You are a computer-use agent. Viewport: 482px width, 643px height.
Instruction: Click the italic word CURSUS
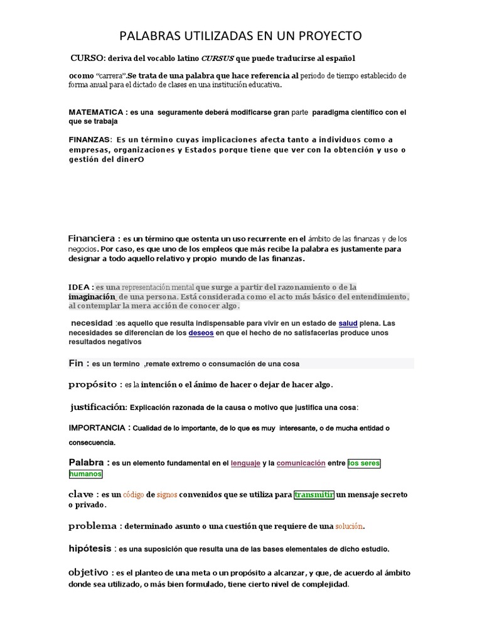click(x=217, y=58)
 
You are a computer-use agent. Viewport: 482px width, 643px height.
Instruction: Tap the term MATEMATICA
click(x=95, y=112)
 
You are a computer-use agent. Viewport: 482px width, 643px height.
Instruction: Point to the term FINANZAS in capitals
click(x=90, y=139)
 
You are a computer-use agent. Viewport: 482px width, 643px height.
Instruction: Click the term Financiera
click(x=90, y=239)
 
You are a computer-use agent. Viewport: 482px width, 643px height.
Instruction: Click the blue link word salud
click(x=348, y=323)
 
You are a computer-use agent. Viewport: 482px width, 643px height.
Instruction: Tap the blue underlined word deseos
click(x=201, y=333)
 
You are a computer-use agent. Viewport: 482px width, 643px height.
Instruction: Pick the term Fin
click(x=76, y=364)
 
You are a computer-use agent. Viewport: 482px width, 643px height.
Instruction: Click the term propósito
click(x=92, y=384)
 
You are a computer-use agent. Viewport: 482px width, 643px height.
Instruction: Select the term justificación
click(x=99, y=407)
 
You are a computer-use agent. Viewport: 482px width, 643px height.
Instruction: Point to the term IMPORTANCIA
click(x=97, y=428)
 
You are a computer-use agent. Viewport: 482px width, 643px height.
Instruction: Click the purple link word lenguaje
click(x=245, y=463)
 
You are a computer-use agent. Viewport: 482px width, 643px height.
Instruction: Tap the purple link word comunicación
click(x=301, y=463)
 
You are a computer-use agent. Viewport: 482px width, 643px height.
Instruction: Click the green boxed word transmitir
click(x=314, y=494)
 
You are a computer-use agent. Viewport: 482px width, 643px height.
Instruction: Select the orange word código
click(x=133, y=494)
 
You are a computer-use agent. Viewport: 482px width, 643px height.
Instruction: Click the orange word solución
click(x=349, y=526)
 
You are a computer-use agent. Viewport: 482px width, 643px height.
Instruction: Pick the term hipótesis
click(x=89, y=548)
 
